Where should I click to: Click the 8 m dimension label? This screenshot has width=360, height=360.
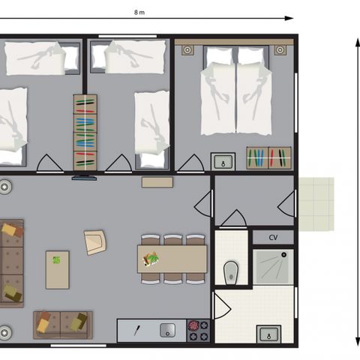[x=139, y=12]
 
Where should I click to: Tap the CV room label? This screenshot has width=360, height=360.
[x=273, y=237]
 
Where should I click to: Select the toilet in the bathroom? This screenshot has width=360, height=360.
[x=231, y=273]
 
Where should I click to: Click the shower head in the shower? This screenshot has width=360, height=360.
[x=283, y=255]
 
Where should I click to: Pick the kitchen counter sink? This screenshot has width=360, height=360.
[x=167, y=330]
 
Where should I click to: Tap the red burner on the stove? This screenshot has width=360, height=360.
[x=193, y=325]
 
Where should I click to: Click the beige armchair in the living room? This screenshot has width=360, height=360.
[x=95, y=242]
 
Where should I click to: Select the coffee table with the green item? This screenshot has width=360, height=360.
[x=57, y=270]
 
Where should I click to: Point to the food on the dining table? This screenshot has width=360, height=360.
[x=151, y=259]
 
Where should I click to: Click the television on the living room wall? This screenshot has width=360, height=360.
[x=84, y=178]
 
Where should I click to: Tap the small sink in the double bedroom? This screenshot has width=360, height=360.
[x=223, y=161]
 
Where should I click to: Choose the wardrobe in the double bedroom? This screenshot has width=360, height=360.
[x=268, y=158]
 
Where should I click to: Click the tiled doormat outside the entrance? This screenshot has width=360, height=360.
[x=316, y=204]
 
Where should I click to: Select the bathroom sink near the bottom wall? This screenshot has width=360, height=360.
[x=268, y=334]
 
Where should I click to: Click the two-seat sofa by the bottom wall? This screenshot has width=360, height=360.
[x=63, y=325]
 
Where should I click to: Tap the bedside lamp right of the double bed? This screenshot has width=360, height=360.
[x=280, y=50]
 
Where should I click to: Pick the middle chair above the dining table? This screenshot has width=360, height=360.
[x=173, y=240]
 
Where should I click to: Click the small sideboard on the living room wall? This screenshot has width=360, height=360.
[x=157, y=182]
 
